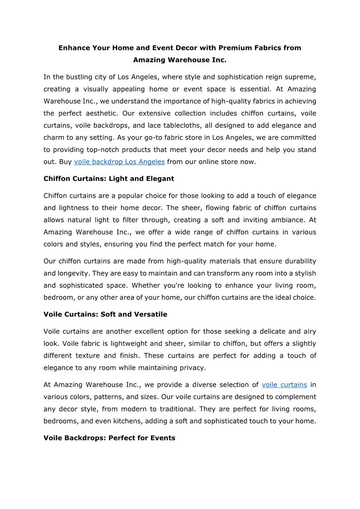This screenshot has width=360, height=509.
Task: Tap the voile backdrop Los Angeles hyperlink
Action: pos(119,162)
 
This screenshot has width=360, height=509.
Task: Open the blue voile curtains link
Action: pos(284,384)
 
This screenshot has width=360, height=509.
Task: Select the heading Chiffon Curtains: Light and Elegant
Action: pos(109,179)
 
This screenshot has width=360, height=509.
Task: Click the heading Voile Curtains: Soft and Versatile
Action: pos(105,314)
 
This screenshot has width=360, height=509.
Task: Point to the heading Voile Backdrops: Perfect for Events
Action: pos(109,438)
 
